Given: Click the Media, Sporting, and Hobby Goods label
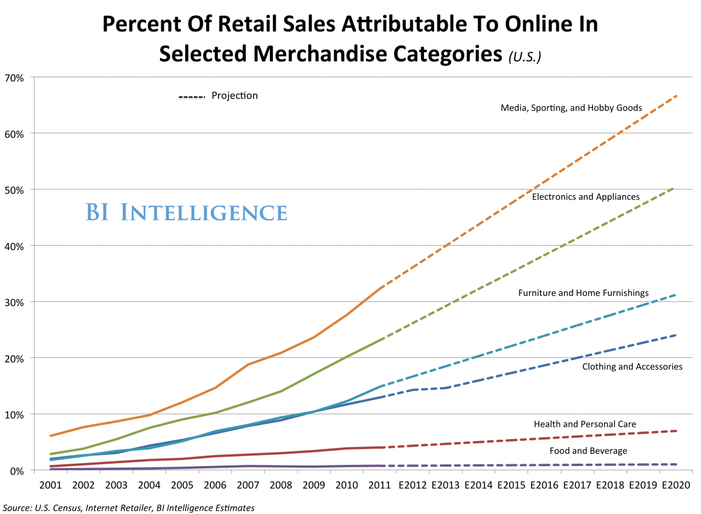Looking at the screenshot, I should (571, 108).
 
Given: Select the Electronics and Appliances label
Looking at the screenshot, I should (585, 196).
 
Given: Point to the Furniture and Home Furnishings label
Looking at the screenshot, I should (583, 292).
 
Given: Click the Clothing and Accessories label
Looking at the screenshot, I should (632, 367).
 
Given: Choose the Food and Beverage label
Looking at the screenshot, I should (588, 451).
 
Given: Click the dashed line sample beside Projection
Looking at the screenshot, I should (192, 97).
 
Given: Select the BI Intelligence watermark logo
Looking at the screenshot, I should (186, 212).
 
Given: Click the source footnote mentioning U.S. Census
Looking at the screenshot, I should (129, 508).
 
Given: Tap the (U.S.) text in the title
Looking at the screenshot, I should (524, 56).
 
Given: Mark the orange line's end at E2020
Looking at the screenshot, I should (676, 95).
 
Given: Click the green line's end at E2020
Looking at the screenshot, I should (675, 187).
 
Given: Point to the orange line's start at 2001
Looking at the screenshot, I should (51, 436).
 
